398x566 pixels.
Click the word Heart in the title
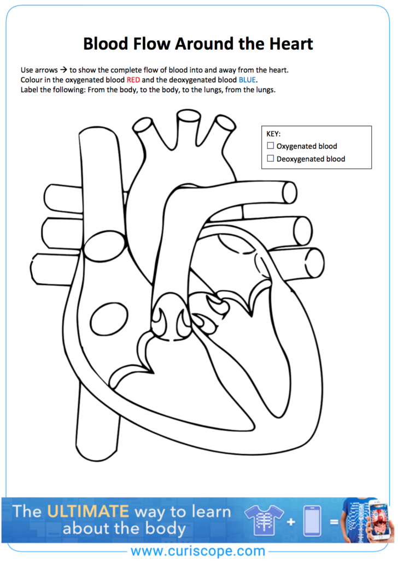291,44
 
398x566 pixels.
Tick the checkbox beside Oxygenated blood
271,146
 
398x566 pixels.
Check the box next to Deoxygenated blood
271,158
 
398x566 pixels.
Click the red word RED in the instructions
133,80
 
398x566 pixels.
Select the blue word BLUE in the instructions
247,80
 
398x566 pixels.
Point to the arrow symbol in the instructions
63,70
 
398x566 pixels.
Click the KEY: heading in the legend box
273,134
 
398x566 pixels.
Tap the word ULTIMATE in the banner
88,511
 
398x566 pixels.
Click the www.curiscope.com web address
198,551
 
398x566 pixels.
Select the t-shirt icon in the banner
264,520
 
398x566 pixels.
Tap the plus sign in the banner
291,522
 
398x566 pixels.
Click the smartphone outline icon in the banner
312,521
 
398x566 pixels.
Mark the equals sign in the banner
334,522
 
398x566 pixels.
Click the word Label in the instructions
30,90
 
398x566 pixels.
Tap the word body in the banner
165,529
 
